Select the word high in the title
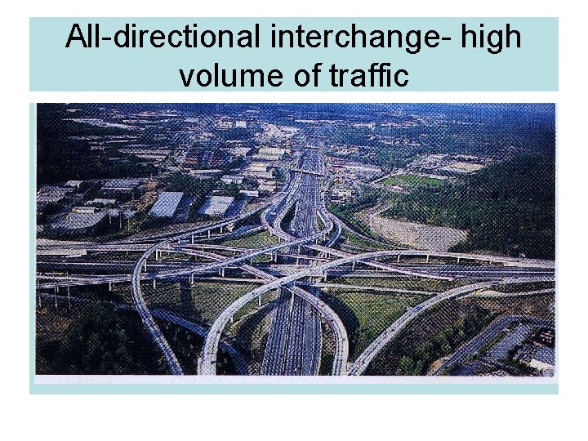[489, 37]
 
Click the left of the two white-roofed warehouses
[167, 203]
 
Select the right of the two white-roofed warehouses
[217, 205]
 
